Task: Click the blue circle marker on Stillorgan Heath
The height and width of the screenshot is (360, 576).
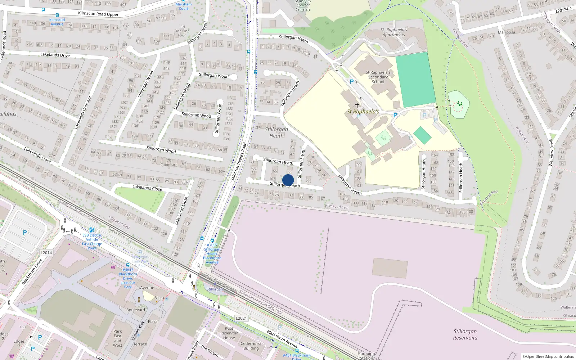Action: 288,180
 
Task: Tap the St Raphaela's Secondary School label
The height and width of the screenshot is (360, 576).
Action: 378,77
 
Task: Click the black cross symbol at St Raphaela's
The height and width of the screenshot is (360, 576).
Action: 357,105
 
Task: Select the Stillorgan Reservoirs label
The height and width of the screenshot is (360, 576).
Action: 465,334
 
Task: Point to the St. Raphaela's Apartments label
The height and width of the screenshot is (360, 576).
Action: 394,32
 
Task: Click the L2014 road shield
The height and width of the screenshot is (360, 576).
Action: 46,253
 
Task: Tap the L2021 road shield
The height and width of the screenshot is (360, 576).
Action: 241,318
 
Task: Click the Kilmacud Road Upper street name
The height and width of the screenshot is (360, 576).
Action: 98,14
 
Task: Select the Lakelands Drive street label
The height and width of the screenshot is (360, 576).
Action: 55,55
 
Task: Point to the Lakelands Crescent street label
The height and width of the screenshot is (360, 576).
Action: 83,113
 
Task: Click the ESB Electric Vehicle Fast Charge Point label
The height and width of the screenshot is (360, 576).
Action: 92,242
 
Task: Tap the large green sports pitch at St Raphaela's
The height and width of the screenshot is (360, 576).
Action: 416,80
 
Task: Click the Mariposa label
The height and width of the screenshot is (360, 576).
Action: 506,32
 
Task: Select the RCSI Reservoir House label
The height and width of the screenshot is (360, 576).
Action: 229,333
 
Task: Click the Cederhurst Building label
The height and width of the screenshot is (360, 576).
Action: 251,346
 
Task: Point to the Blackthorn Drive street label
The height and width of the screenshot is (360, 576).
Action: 32,271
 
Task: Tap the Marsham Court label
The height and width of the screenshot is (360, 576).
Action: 184,6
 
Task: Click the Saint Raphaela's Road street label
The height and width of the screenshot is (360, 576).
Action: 239,162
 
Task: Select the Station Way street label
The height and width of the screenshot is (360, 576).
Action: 138,331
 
